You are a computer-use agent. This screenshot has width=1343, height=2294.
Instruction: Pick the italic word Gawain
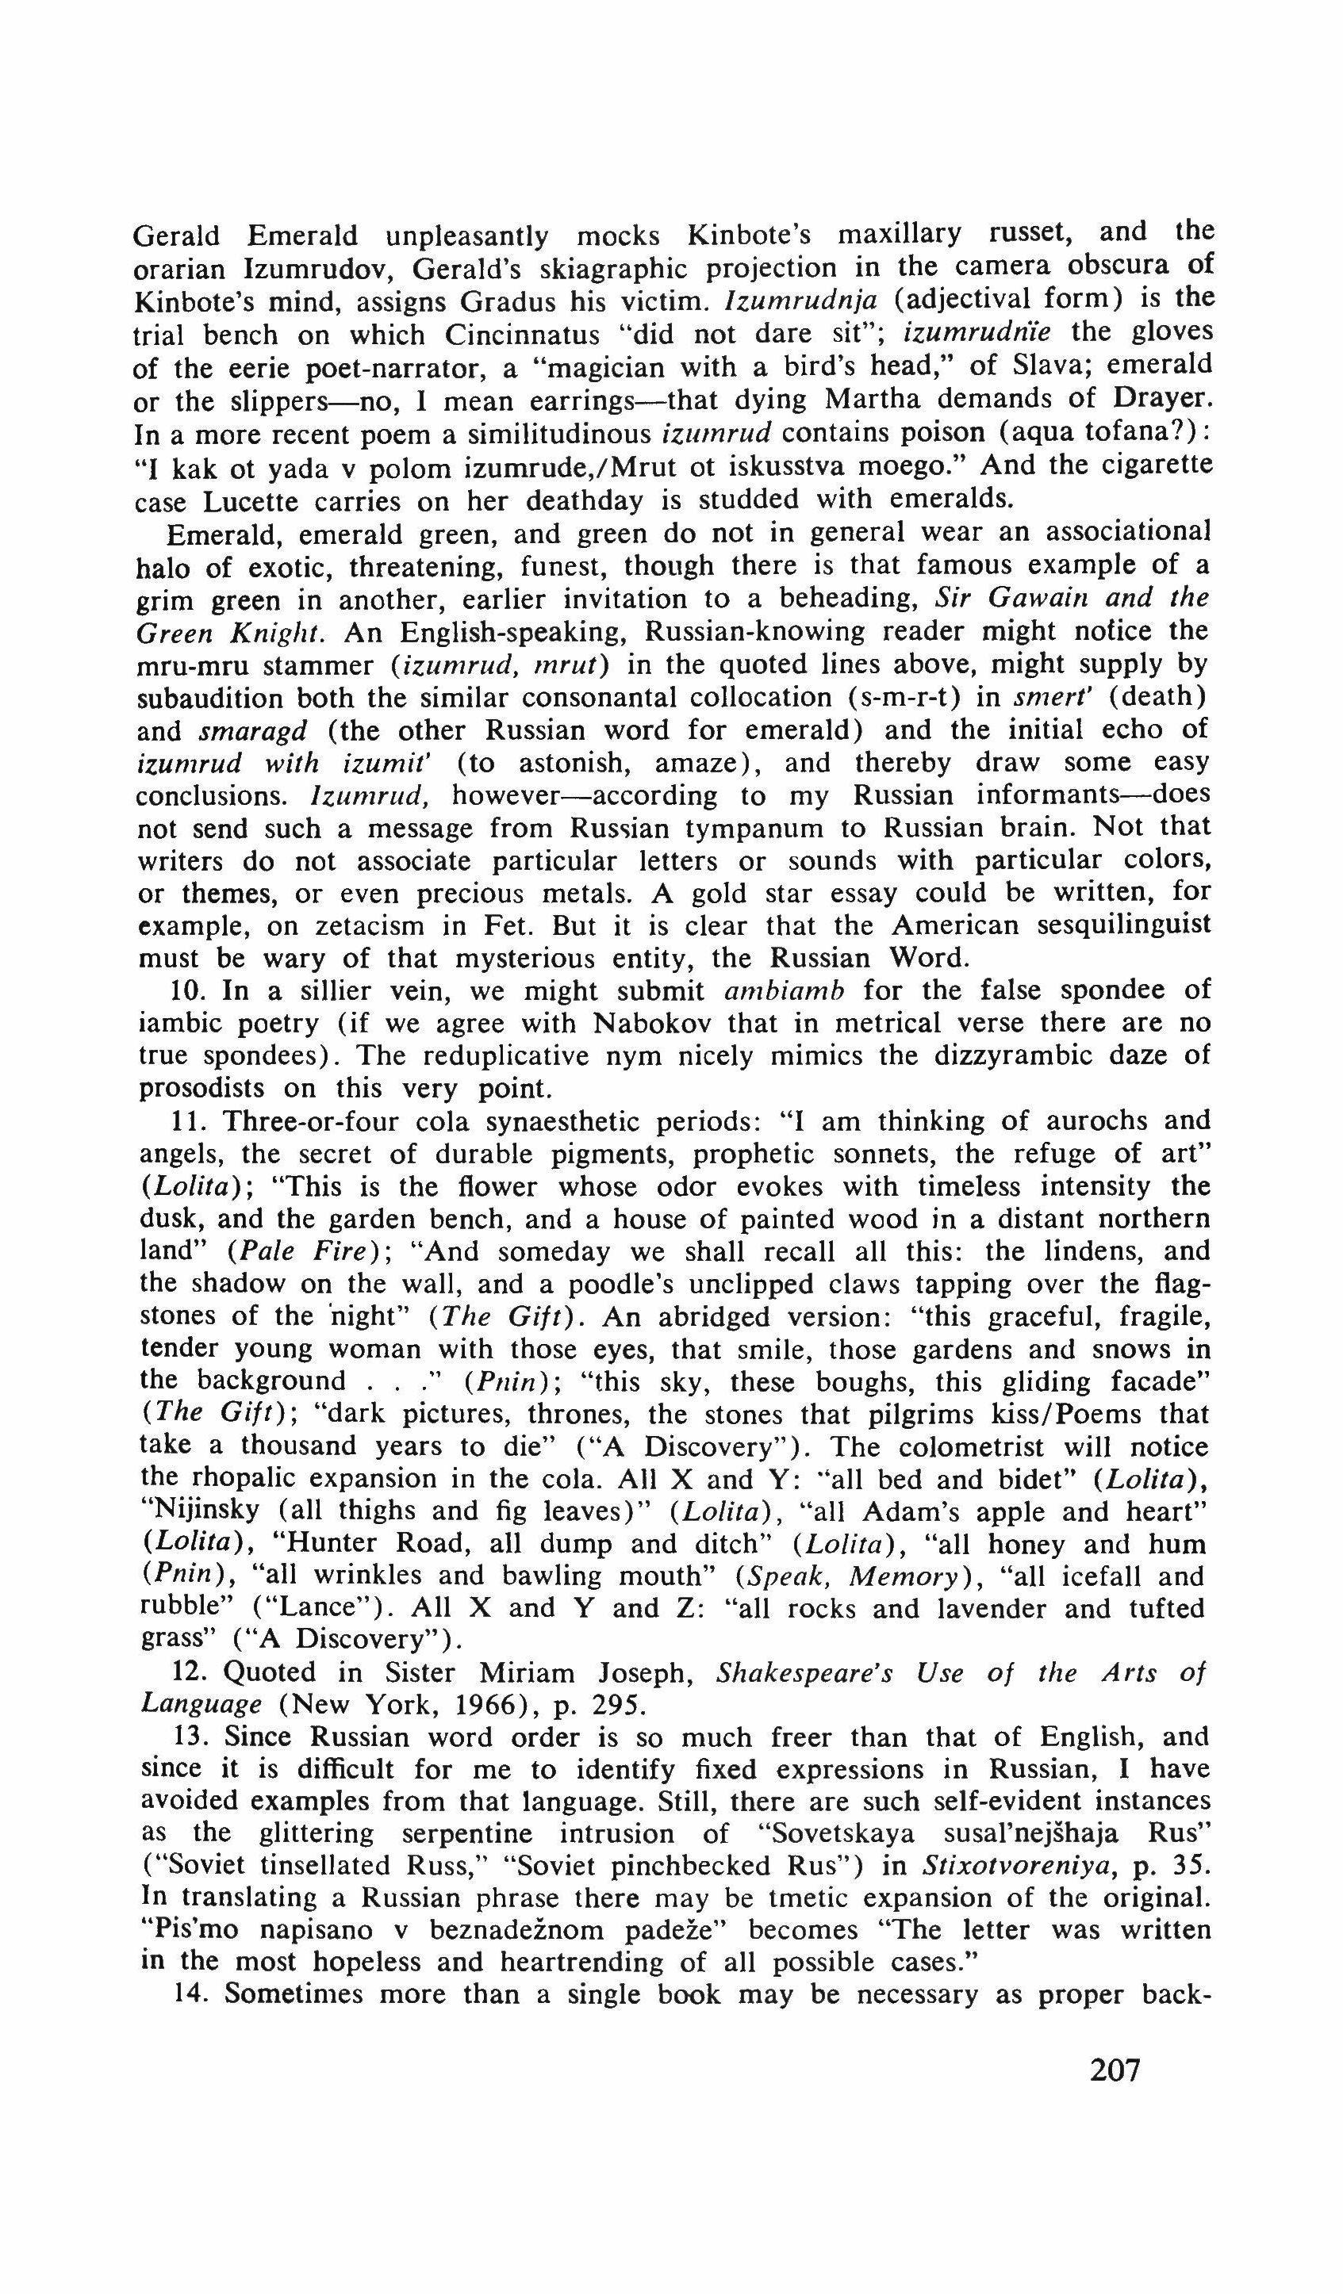click(1034, 598)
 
